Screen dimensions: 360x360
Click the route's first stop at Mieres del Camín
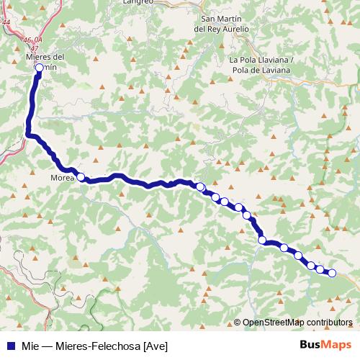pos(39,68)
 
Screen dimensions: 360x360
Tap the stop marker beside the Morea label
pos(81,177)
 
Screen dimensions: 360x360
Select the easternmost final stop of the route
pos(332,273)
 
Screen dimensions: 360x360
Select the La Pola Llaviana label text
pos(260,60)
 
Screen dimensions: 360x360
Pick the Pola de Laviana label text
pos(261,71)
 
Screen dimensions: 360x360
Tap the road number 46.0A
pos(32,40)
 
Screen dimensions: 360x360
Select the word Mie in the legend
pos(29,346)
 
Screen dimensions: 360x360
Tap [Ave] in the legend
pos(156,346)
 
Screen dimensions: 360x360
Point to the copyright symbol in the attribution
pos(237,322)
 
